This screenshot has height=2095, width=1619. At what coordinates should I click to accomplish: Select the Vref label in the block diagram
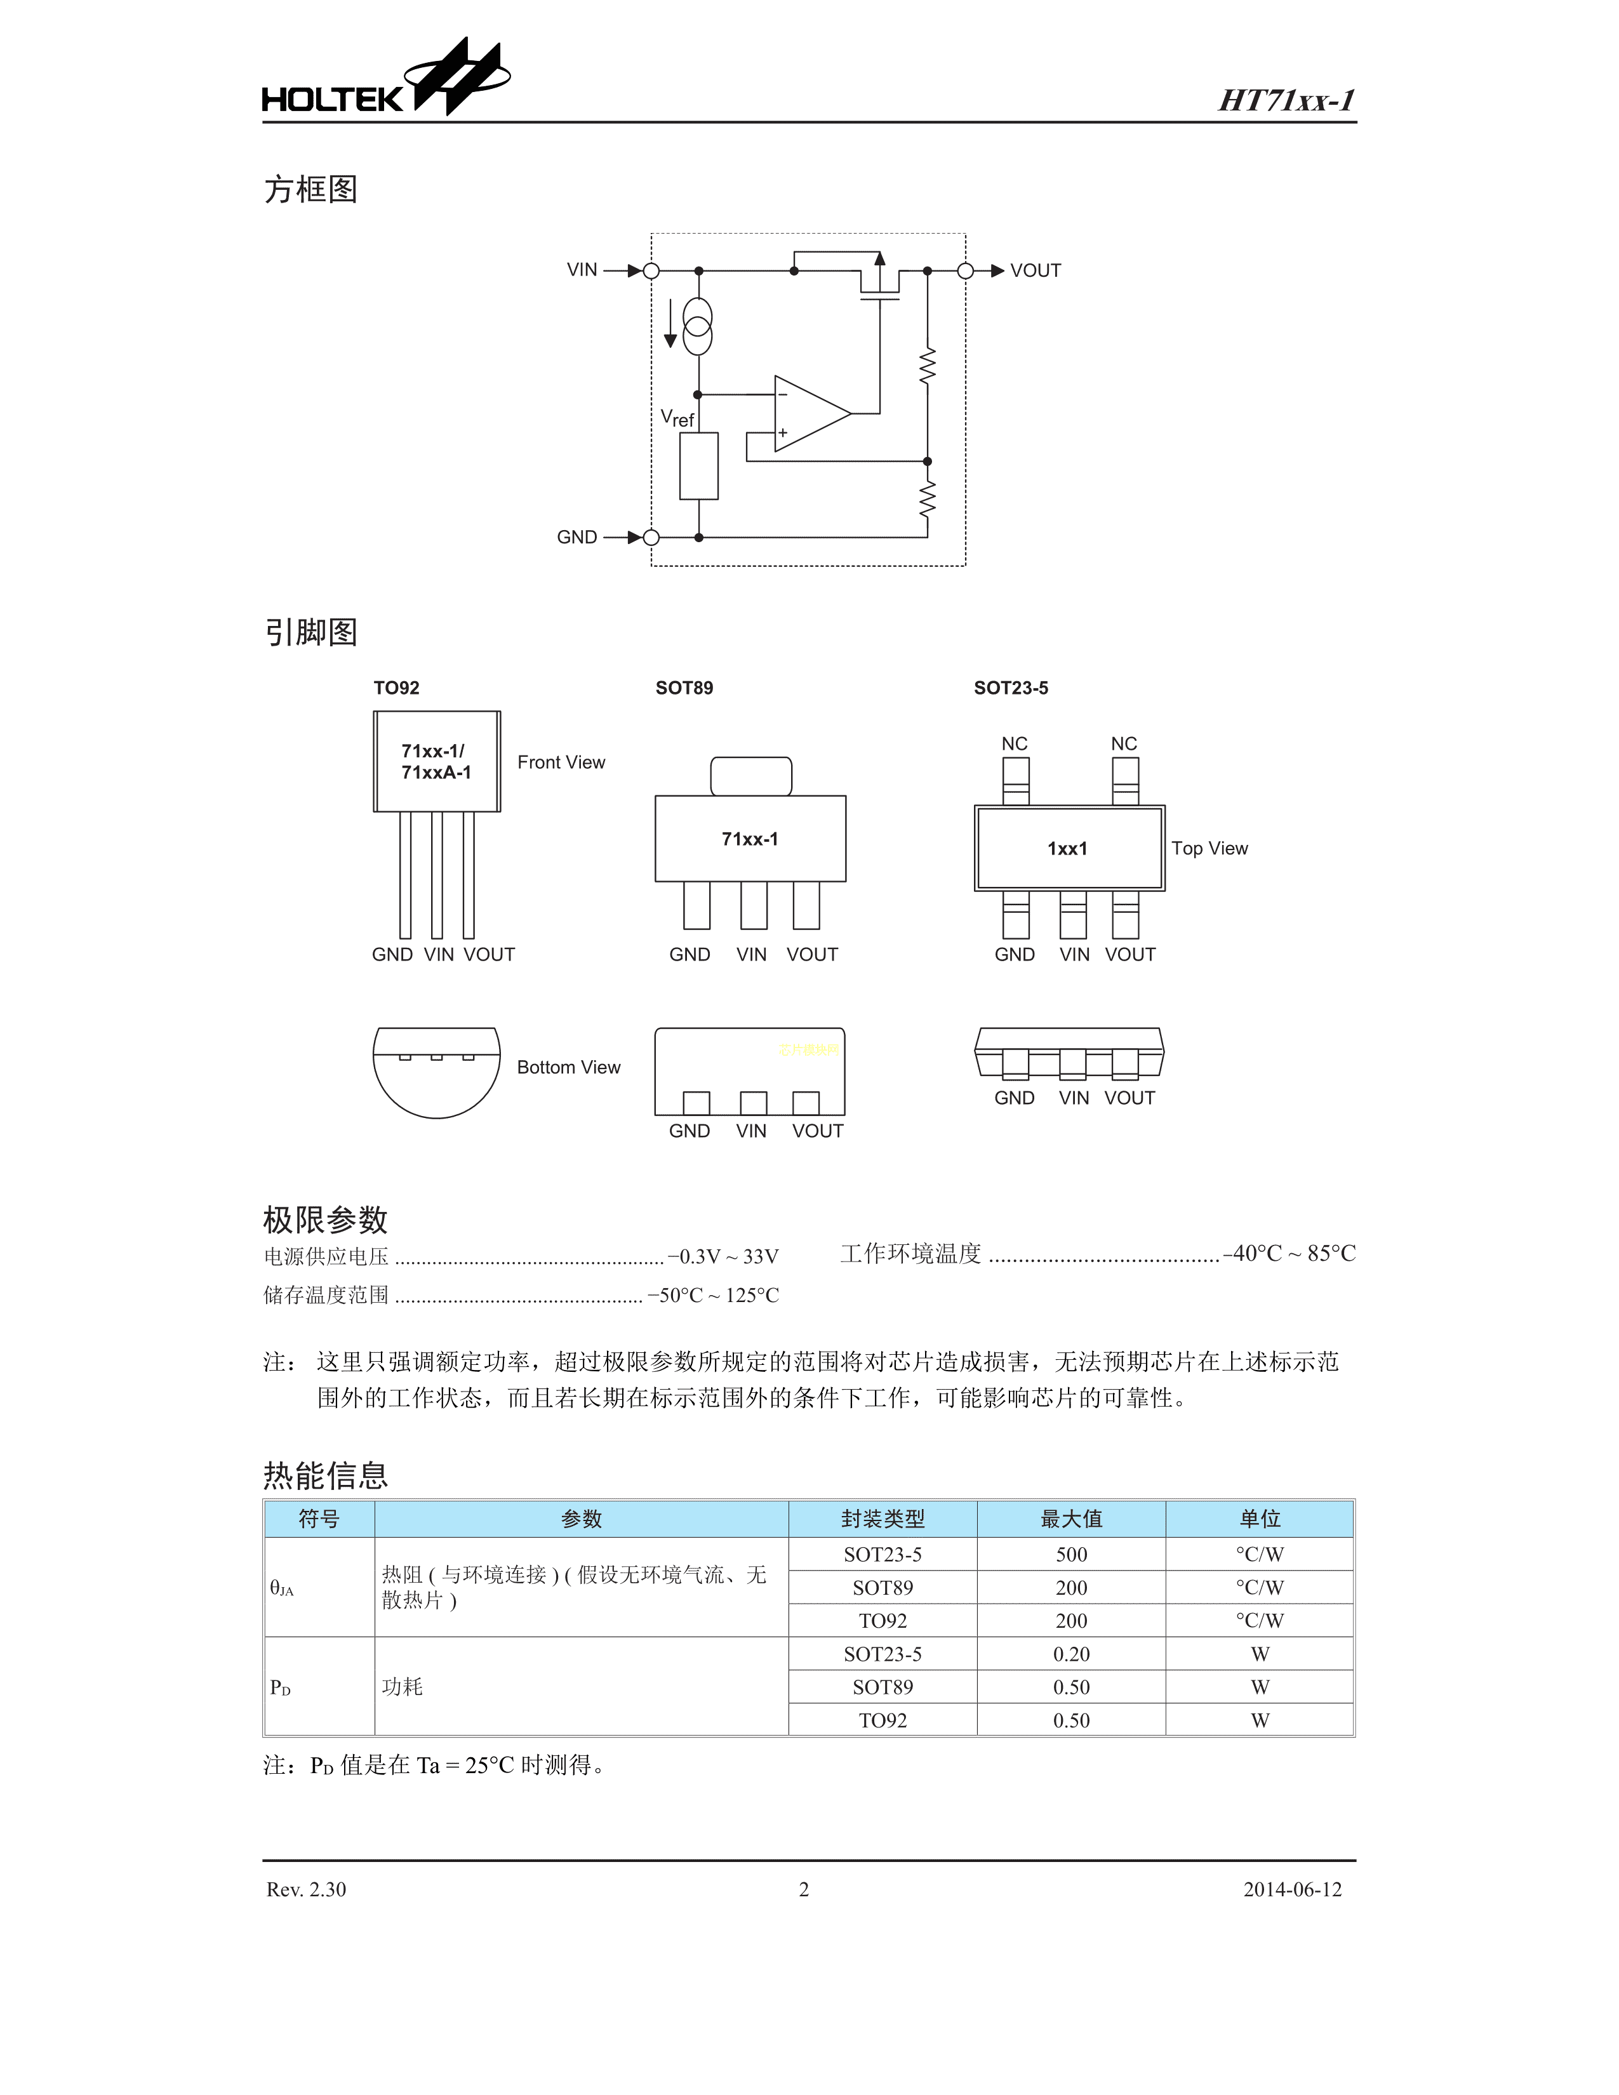click(677, 418)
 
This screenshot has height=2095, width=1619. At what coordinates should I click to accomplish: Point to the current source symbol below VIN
click(697, 326)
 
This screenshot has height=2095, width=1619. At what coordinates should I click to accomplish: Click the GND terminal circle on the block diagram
click(651, 537)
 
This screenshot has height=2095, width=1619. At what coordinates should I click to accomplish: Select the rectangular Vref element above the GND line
click(698, 466)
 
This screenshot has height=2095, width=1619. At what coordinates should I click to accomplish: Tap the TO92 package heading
click(396, 688)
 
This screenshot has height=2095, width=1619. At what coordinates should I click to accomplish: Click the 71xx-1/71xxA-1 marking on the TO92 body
click(436, 762)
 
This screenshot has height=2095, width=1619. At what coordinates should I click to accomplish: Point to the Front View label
click(561, 762)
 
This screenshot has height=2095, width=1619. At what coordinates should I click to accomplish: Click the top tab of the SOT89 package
click(751, 776)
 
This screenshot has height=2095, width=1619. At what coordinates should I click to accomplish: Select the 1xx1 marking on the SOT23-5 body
click(1067, 849)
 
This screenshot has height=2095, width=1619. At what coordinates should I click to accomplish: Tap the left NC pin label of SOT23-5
click(1014, 743)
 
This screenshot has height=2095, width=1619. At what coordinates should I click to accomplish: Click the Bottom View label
click(568, 1068)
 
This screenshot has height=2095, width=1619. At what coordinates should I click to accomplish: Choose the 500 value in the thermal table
click(1071, 1555)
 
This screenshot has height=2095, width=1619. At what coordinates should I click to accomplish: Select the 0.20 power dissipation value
click(1071, 1654)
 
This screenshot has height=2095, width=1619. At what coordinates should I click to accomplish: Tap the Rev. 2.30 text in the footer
click(306, 1890)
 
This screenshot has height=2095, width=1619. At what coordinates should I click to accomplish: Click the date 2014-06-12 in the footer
click(1292, 1890)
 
